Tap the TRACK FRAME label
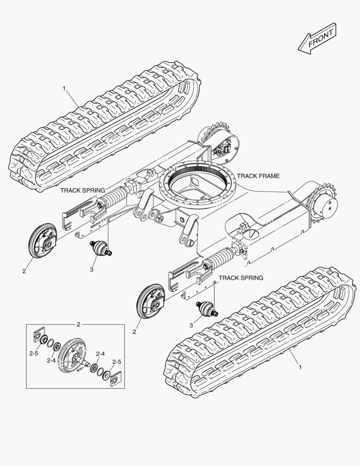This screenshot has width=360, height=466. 258,176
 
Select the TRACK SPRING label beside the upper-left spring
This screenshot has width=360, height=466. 82,190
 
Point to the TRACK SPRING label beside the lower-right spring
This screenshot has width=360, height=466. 241,278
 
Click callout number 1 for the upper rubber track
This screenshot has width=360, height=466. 64,88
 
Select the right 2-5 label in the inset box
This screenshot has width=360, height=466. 117,362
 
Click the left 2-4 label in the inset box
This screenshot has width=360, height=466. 51,360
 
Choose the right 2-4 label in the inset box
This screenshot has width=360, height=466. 100,354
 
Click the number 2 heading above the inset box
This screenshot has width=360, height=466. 78,324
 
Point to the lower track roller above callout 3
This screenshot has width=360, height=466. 206,309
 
